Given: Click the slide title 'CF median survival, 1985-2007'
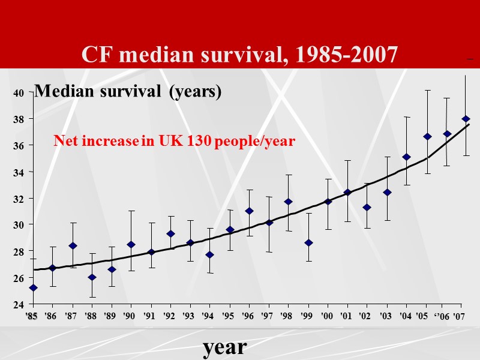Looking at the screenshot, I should (239, 55).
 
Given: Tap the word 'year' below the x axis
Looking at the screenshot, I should (224, 346).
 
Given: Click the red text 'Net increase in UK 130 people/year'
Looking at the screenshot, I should (174, 142).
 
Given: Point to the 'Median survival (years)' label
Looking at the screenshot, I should (128, 92).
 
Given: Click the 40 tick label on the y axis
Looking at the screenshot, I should (19, 93).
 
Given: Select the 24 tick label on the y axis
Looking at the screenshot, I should (19, 304).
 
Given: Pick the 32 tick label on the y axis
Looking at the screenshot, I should (19, 199).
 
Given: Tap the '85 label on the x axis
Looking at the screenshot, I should (32, 316).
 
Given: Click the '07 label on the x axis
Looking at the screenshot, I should (458, 316).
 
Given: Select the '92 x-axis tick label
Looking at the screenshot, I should (170, 316).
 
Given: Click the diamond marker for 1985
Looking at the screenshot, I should (32, 288).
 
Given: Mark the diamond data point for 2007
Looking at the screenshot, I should (466, 119).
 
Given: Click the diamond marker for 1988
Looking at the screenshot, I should (91, 277).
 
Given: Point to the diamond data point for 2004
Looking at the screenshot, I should (407, 157).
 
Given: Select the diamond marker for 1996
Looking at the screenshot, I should (249, 211).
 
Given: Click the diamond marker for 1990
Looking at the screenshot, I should (131, 245).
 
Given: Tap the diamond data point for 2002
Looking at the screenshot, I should (367, 208).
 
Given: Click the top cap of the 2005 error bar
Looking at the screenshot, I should (427, 90).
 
